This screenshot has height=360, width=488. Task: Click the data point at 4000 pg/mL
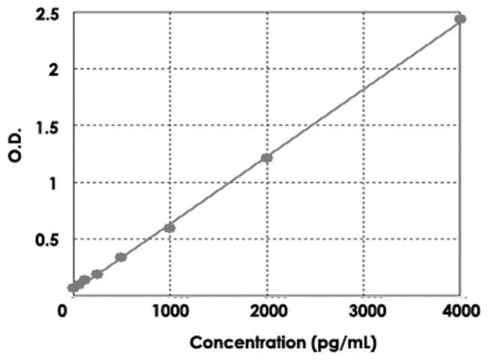coord(460,19)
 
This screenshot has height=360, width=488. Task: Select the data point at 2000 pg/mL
coord(267,157)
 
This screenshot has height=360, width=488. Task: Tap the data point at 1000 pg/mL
coord(170,227)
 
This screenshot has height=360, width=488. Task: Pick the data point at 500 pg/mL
coord(121,257)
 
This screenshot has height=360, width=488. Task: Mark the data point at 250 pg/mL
coord(97,274)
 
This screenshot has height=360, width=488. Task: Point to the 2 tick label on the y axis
coord(54,69)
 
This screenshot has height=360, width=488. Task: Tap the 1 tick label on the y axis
coord(54,182)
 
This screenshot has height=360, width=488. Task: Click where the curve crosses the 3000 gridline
coord(364,88)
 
